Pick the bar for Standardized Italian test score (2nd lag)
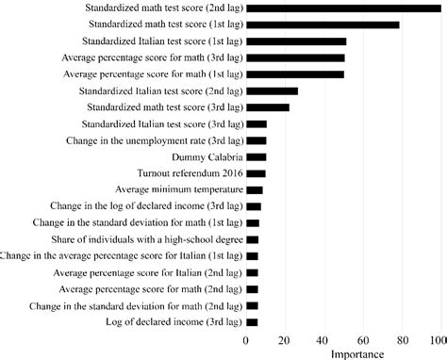[272, 90]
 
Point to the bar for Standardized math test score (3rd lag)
[267, 107]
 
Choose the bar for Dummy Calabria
[256, 156]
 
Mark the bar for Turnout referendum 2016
[256, 173]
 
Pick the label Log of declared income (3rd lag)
[168, 322]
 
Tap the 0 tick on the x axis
[246, 339]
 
